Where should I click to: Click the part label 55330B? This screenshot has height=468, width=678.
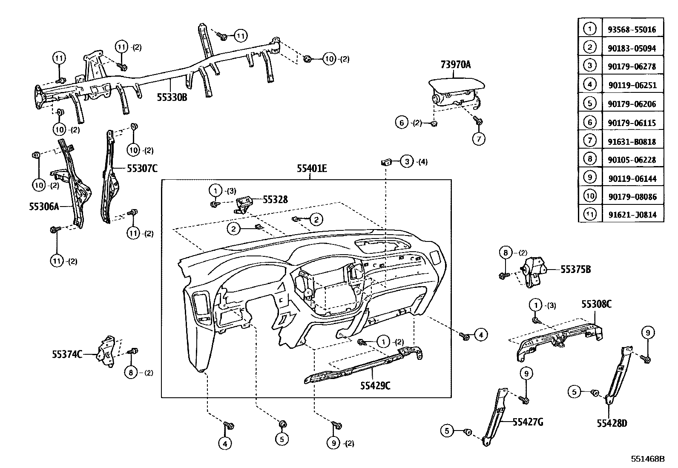172,98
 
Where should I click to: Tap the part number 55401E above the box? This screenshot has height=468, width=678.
312,169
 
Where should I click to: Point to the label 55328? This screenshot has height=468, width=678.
275,199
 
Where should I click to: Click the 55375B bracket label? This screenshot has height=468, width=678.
575,270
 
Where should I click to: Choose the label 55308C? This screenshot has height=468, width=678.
597,304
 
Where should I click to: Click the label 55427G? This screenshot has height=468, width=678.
528,422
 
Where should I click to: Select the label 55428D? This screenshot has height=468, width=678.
612,423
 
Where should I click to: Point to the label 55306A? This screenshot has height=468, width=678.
43,207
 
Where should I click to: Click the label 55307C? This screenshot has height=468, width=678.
142,169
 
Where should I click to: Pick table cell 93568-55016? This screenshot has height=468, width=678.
632,30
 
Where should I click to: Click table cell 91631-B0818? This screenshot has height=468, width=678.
632,141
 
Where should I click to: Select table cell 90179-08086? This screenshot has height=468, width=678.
632,197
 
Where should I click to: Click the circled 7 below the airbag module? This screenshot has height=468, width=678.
479,139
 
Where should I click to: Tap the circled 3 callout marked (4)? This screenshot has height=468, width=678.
407,161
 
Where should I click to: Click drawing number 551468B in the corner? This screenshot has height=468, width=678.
648,459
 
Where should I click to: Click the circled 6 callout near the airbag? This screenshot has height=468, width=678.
401,123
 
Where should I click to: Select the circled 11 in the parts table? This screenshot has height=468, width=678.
590,215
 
